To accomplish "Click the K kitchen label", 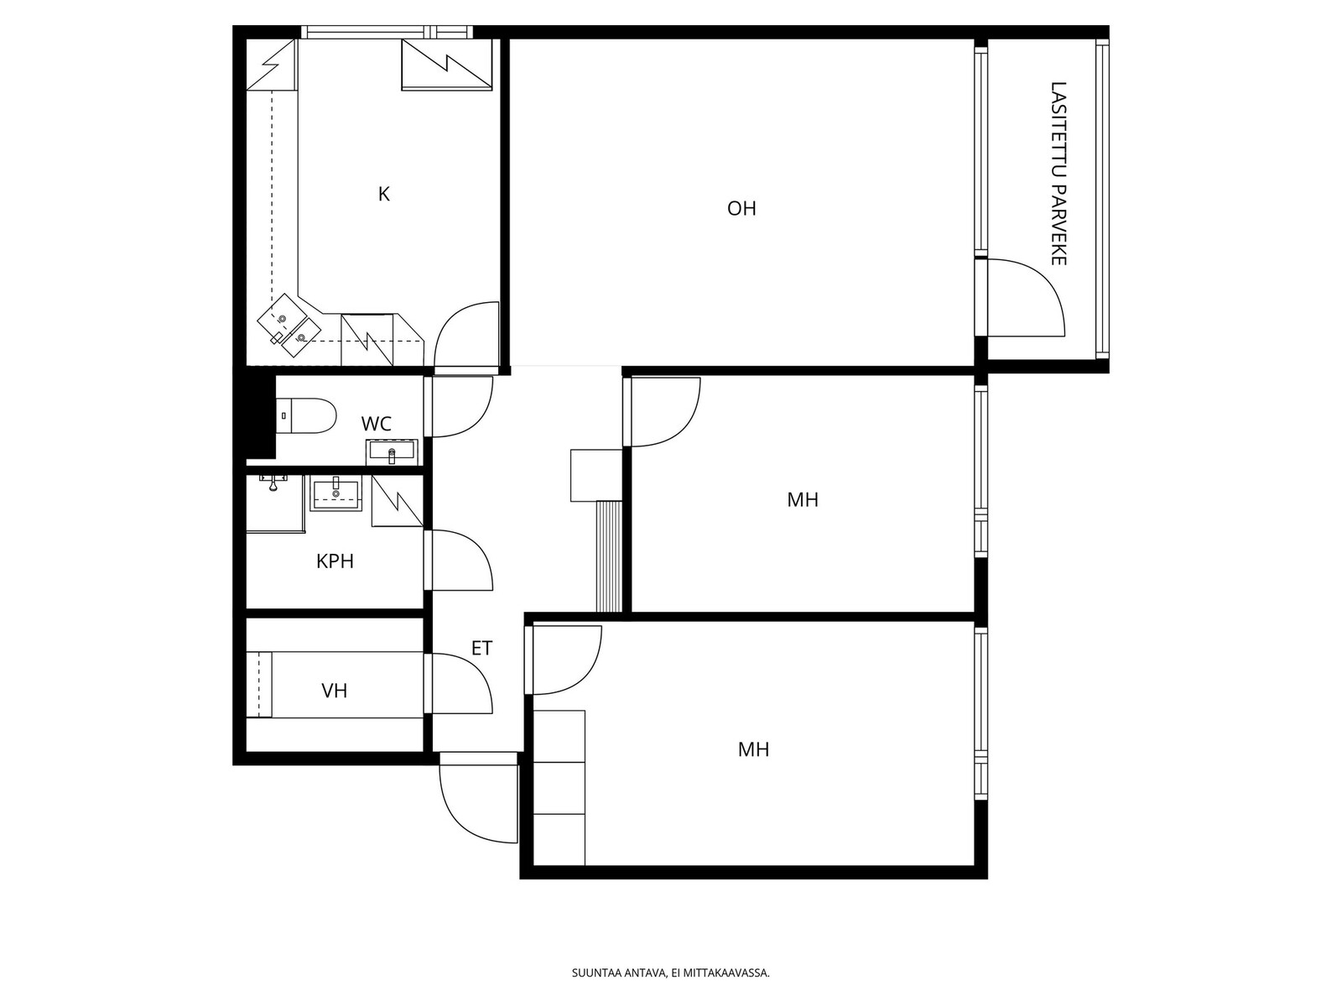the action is pos(383,195).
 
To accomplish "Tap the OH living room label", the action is pos(741,209).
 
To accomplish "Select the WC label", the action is pos(376,424).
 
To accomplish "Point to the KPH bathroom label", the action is pos(335,561).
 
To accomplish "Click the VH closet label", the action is pos(335,691).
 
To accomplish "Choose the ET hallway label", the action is pos(481,648).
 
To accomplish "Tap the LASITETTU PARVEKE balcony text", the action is pos(1059,174).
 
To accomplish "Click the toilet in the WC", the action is pos(305,415).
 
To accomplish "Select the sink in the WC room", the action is pos(392,452).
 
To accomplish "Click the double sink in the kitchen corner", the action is pos(289,326).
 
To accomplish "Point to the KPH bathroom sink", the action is pos(335,493).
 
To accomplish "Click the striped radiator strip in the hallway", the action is pos(609,556).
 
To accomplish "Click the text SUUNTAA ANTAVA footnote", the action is pos(671,973).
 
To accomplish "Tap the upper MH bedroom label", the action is pos(802,500).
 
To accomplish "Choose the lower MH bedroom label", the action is pos(753,749).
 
